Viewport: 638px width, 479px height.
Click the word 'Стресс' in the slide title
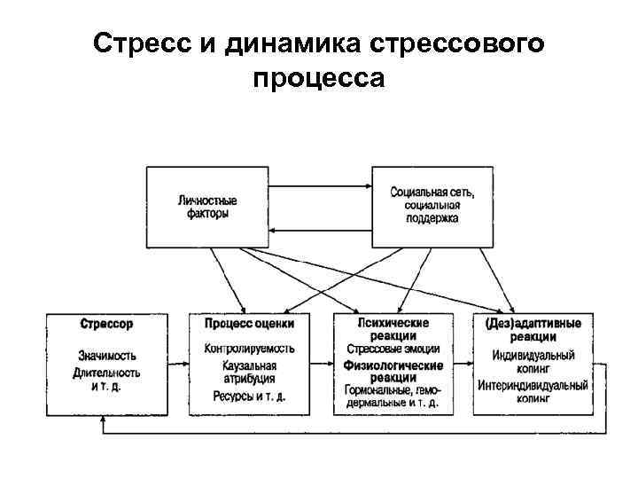click(x=142, y=44)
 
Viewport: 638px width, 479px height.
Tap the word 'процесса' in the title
click(x=318, y=79)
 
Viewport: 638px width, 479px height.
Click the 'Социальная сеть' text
click(x=432, y=192)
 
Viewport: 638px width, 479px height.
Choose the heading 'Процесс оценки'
click(x=249, y=325)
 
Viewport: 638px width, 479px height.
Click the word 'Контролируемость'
click(x=249, y=348)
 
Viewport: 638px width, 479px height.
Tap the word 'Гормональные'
click(x=379, y=391)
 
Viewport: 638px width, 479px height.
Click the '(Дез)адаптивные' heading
click(x=533, y=325)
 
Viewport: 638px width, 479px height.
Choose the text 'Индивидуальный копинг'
click(x=533, y=362)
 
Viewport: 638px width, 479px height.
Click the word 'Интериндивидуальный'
click(x=533, y=386)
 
